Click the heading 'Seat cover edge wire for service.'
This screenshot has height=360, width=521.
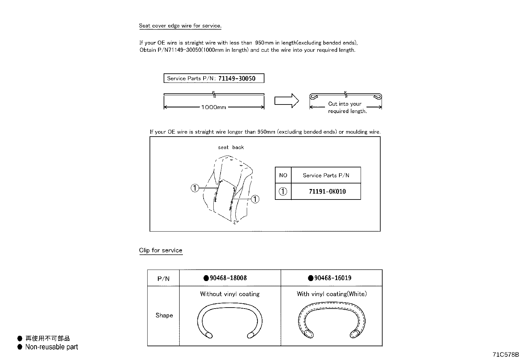(x=180, y=26)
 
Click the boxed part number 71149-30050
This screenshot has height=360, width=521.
(x=237, y=78)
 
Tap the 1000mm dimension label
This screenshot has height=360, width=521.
(x=213, y=107)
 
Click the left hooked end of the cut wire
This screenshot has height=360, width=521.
(x=314, y=96)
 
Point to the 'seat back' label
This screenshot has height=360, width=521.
(x=231, y=147)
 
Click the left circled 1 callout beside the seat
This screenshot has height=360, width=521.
(x=195, y=188)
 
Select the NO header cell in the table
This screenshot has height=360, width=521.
(x=283, y=175)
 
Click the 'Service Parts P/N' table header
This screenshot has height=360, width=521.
(x=326, y=175)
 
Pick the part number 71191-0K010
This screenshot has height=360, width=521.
(x=327, y=191)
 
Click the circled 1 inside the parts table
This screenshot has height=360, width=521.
(x=283, y=191)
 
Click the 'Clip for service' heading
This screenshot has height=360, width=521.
(x=160, y=250)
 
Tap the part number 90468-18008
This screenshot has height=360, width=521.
(x=228, y=278)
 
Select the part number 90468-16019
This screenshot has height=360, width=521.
(x=333, y=278)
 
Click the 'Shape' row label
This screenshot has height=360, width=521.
(x=164, y=315)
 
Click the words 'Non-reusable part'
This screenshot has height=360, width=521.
(x=51, y=347)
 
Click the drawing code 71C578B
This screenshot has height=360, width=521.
(x=506, y=354)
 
